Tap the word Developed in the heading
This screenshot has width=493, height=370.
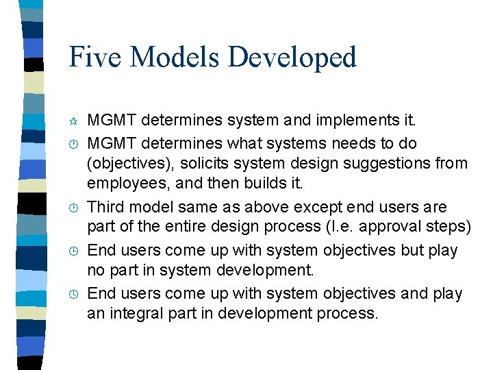(292, 58)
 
